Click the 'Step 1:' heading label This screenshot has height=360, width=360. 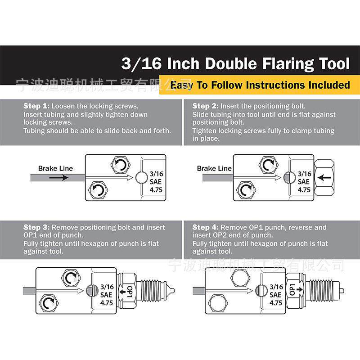(x=36, y=106)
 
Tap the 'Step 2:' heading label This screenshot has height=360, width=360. (x=205, y=106)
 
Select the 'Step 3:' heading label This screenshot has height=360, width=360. (x=36, y=227)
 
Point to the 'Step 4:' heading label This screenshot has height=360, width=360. (x=205, y=227)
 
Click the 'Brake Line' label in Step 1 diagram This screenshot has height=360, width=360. (x=55, y=168)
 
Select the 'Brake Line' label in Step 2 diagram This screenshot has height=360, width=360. (x=214, y=168)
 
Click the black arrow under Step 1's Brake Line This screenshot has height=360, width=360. (x=59, y=177)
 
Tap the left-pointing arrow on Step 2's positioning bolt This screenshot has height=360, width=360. (x=324, y=177)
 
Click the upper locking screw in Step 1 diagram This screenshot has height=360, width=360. (x=121, y=165)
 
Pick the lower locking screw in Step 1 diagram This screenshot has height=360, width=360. (x=98, y=190)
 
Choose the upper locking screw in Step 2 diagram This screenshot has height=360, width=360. (x=268, y=165)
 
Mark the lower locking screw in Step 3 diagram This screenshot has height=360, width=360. (x=49, y=303)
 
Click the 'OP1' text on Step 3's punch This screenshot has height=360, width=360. (x=130, y=292)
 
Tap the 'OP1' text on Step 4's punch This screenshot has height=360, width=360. (x=292, y=290)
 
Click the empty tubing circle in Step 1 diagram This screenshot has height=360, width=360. (x=141, y=177)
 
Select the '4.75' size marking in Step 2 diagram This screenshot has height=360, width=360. (x=304, y=190)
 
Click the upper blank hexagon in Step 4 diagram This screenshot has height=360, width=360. (x=240, y=278)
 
